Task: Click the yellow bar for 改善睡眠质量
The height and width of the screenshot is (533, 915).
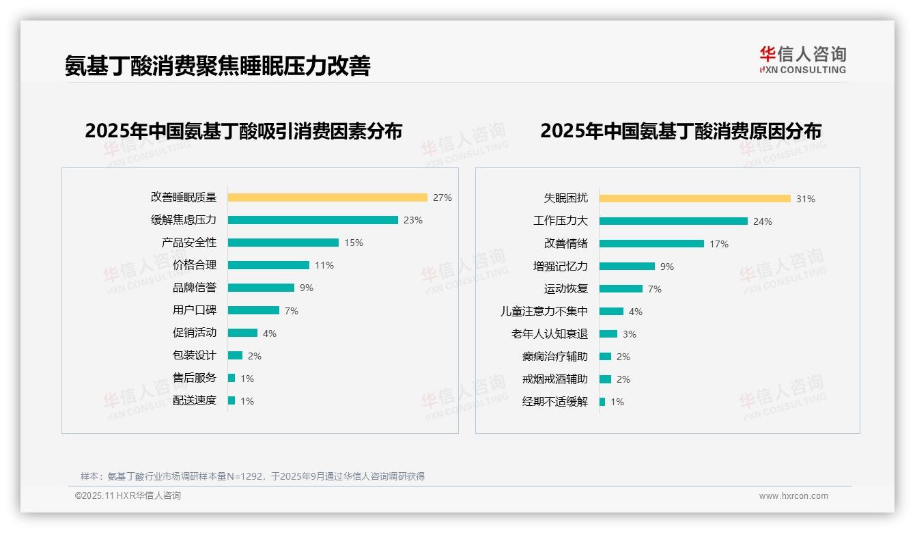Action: (327, 197)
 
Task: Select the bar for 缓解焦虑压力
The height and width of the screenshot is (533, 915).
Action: (313, 220)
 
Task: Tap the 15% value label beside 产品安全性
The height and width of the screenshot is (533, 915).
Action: (354, 243)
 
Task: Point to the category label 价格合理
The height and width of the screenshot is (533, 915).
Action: (195, 265)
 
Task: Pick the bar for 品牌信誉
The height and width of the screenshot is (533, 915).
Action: (261, 288)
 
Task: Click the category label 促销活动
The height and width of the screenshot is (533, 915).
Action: (195, 333)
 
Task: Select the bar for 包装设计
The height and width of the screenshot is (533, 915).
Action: (235, 355)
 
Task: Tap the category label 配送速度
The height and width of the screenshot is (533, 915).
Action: (195, 400)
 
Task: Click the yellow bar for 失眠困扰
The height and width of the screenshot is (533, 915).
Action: (694, 199)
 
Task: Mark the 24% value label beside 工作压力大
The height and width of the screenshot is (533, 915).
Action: (763, 221)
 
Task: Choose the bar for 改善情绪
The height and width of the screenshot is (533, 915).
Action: (651, 244)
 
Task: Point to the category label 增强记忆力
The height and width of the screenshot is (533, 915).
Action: (561, 266)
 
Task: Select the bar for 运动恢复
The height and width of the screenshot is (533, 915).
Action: (621, 289)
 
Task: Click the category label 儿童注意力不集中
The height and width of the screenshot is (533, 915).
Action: (544, 312)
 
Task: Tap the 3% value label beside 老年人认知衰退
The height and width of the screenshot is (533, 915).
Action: (630, 334)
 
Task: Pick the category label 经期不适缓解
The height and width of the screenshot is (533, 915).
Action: (555, 402)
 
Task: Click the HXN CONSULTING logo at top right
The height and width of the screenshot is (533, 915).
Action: (802, 59)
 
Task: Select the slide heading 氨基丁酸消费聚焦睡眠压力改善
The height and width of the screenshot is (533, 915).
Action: (217, 66)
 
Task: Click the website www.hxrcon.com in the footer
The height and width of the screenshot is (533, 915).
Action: (793, 496)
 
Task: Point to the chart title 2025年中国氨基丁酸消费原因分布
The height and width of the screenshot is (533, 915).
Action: (681, 131)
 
